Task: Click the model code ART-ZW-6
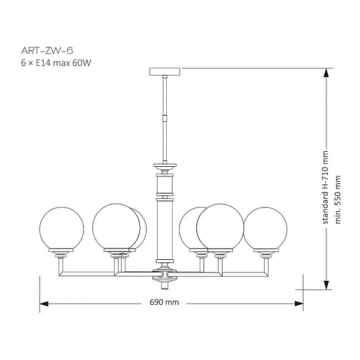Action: tap(47, 51)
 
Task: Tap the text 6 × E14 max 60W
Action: tap(56, 63)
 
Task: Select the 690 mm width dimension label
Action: tap(164, 302)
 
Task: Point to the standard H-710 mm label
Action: tap(325, 187)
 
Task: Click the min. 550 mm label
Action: tap(338, 200)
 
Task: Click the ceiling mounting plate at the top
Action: tap(164, 72)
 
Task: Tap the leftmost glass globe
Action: tap(62, 229)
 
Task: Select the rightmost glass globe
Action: tap(265, 229)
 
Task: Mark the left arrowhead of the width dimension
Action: tap(44, 304)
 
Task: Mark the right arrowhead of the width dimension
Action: tap(299, 304)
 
